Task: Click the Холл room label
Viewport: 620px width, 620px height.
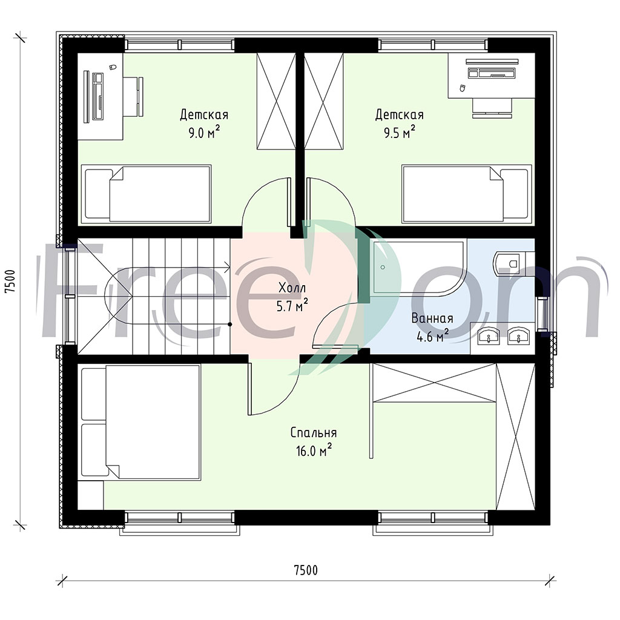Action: tap(292, 288)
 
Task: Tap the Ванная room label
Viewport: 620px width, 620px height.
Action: tap(432, 318)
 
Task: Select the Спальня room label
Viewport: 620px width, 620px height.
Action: tap(314, 432)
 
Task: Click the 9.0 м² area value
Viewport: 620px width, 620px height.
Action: tap(204, 133)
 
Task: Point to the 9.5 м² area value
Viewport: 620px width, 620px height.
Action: tap(400, 133)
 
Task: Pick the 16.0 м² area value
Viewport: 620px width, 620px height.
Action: tap(314, 450)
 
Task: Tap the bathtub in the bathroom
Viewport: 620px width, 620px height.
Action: tap(419, 267)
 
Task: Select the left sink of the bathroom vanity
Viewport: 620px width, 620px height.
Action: tap(488, 337)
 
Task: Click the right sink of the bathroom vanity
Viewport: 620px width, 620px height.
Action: tap(518, 337)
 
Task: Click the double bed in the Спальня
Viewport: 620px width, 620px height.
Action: tap(140, 422)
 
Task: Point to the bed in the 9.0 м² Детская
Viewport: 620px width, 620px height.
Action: tap(147, 194)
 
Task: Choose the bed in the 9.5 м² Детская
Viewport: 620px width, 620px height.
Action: tap(467, 194)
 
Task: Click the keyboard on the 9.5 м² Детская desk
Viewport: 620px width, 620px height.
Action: tap(492, 73)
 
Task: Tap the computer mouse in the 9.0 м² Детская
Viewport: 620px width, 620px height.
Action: tap(112, 67)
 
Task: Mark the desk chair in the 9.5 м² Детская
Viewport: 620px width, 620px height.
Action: tap(492, 108)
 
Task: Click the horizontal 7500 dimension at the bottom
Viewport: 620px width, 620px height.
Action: tap(306, 570)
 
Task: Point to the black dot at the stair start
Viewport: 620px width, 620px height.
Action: tap(229, 325)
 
